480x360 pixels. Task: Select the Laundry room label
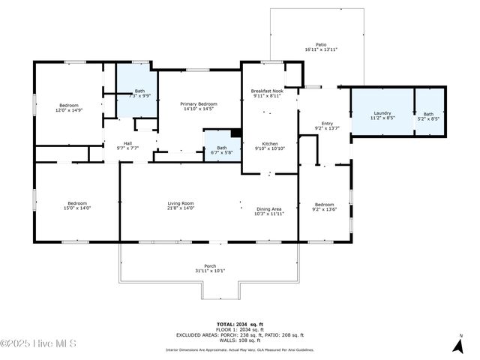[x=382, y=113]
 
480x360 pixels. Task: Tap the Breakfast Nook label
[x=266, y=91]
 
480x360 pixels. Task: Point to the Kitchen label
[x=270, y=144]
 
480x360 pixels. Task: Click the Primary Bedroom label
[x=199, y=103]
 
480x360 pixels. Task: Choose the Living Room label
[x=180, y=203]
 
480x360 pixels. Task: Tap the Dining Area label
[x=269, y=209]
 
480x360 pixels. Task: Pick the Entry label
[x=327, y=124]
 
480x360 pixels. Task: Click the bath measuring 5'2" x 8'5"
[x=428, y=118]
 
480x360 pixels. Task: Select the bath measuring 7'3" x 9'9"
[x=139, y=95]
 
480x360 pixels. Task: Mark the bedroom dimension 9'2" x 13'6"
[x=324, y=209]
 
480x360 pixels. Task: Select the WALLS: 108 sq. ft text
[x=240, y=340]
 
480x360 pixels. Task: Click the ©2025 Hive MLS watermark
[x=39, y=343]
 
